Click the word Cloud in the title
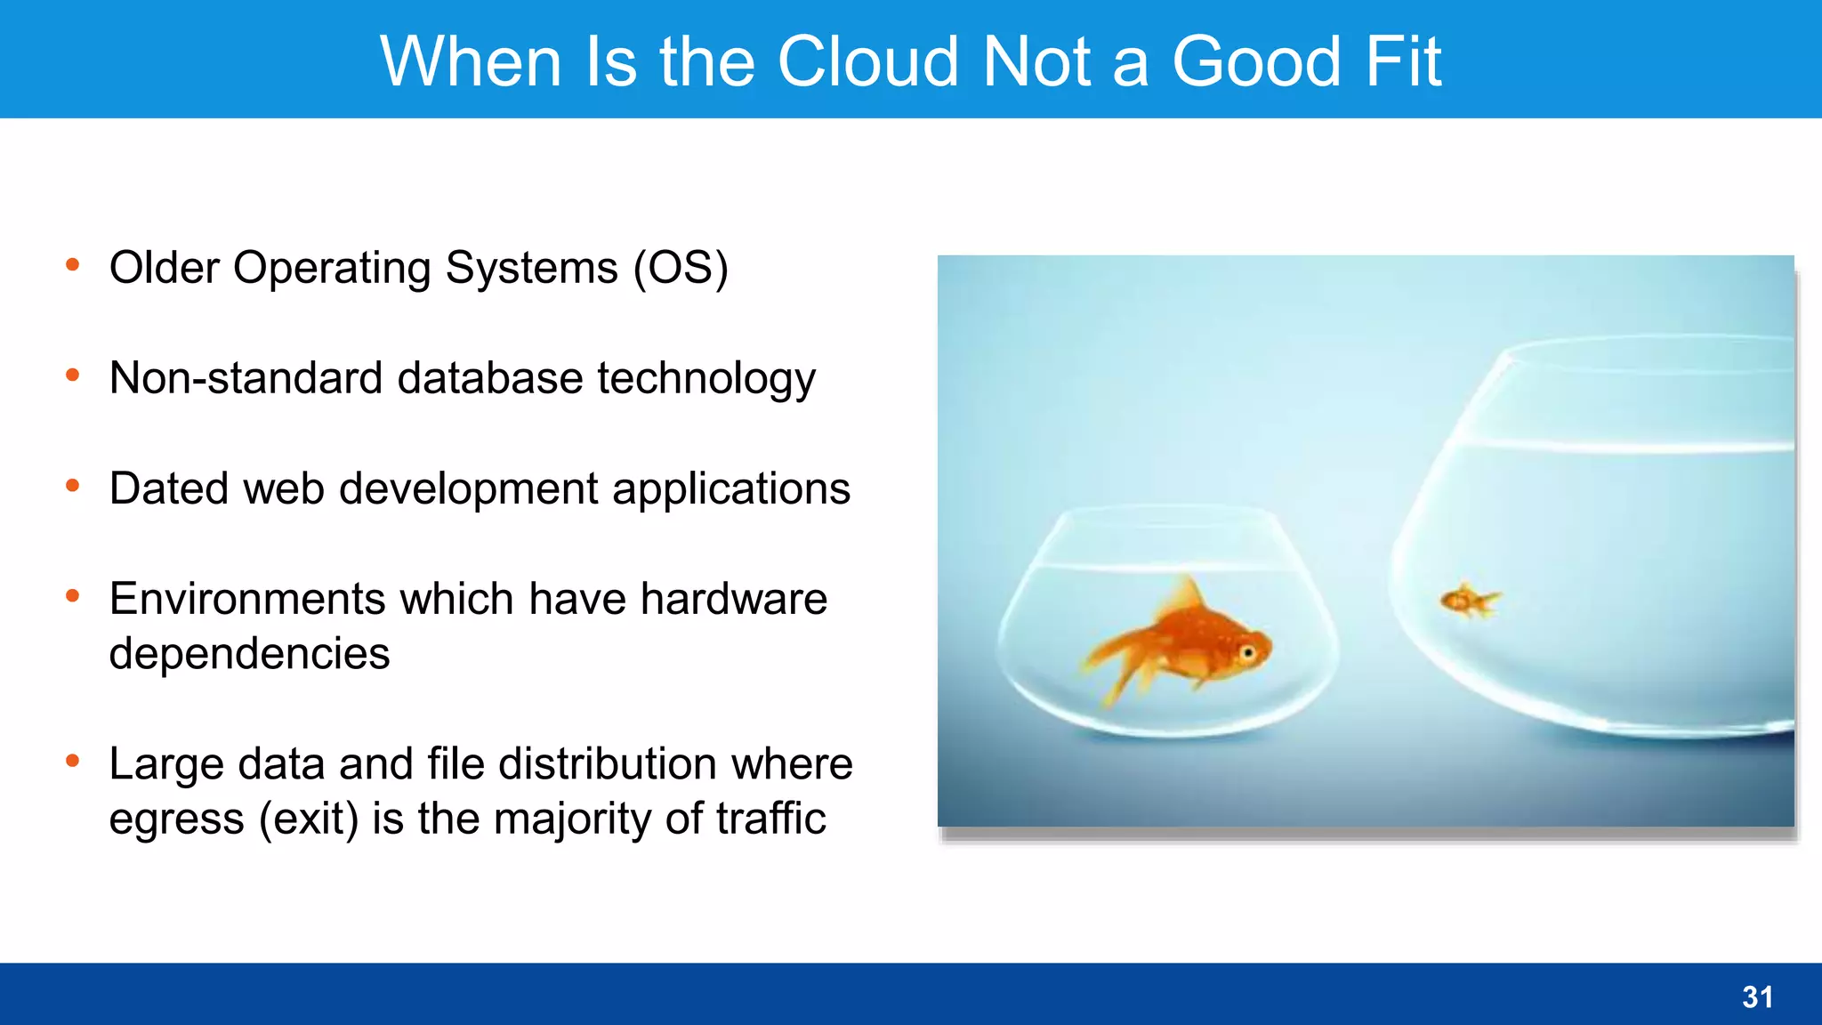[x=868, y=61]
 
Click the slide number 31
[x=1757, y=997]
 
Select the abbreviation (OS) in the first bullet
[x=681, y=268]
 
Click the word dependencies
[x=249, y=654]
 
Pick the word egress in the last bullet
[x=176, y=819]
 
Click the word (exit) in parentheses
[x=309, y=819]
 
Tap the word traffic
[x=770, y=819]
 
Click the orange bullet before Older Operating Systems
[x=73, y=264]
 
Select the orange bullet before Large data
[x=73, y=761]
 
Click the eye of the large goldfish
[x=1248, y=654]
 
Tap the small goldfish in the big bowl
[x=1469, y=601]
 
